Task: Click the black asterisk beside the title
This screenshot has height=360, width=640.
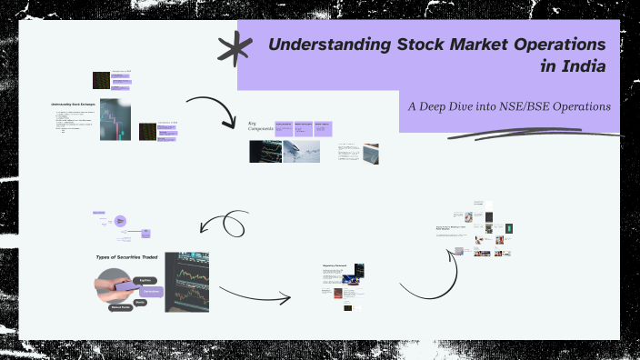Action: [235, 48]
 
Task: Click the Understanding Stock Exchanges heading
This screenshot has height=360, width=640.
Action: [74, 105]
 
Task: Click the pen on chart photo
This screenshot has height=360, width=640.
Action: [301, 151]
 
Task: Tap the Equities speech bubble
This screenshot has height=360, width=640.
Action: [143, 281]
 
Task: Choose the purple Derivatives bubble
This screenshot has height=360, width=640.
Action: [151, 291]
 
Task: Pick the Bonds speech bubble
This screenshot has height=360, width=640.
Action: [139, 301]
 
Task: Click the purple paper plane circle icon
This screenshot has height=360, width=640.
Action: [120, 221]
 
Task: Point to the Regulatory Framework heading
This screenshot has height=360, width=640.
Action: [335, 266]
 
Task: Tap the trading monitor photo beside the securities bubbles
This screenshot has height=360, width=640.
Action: [186, 282]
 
